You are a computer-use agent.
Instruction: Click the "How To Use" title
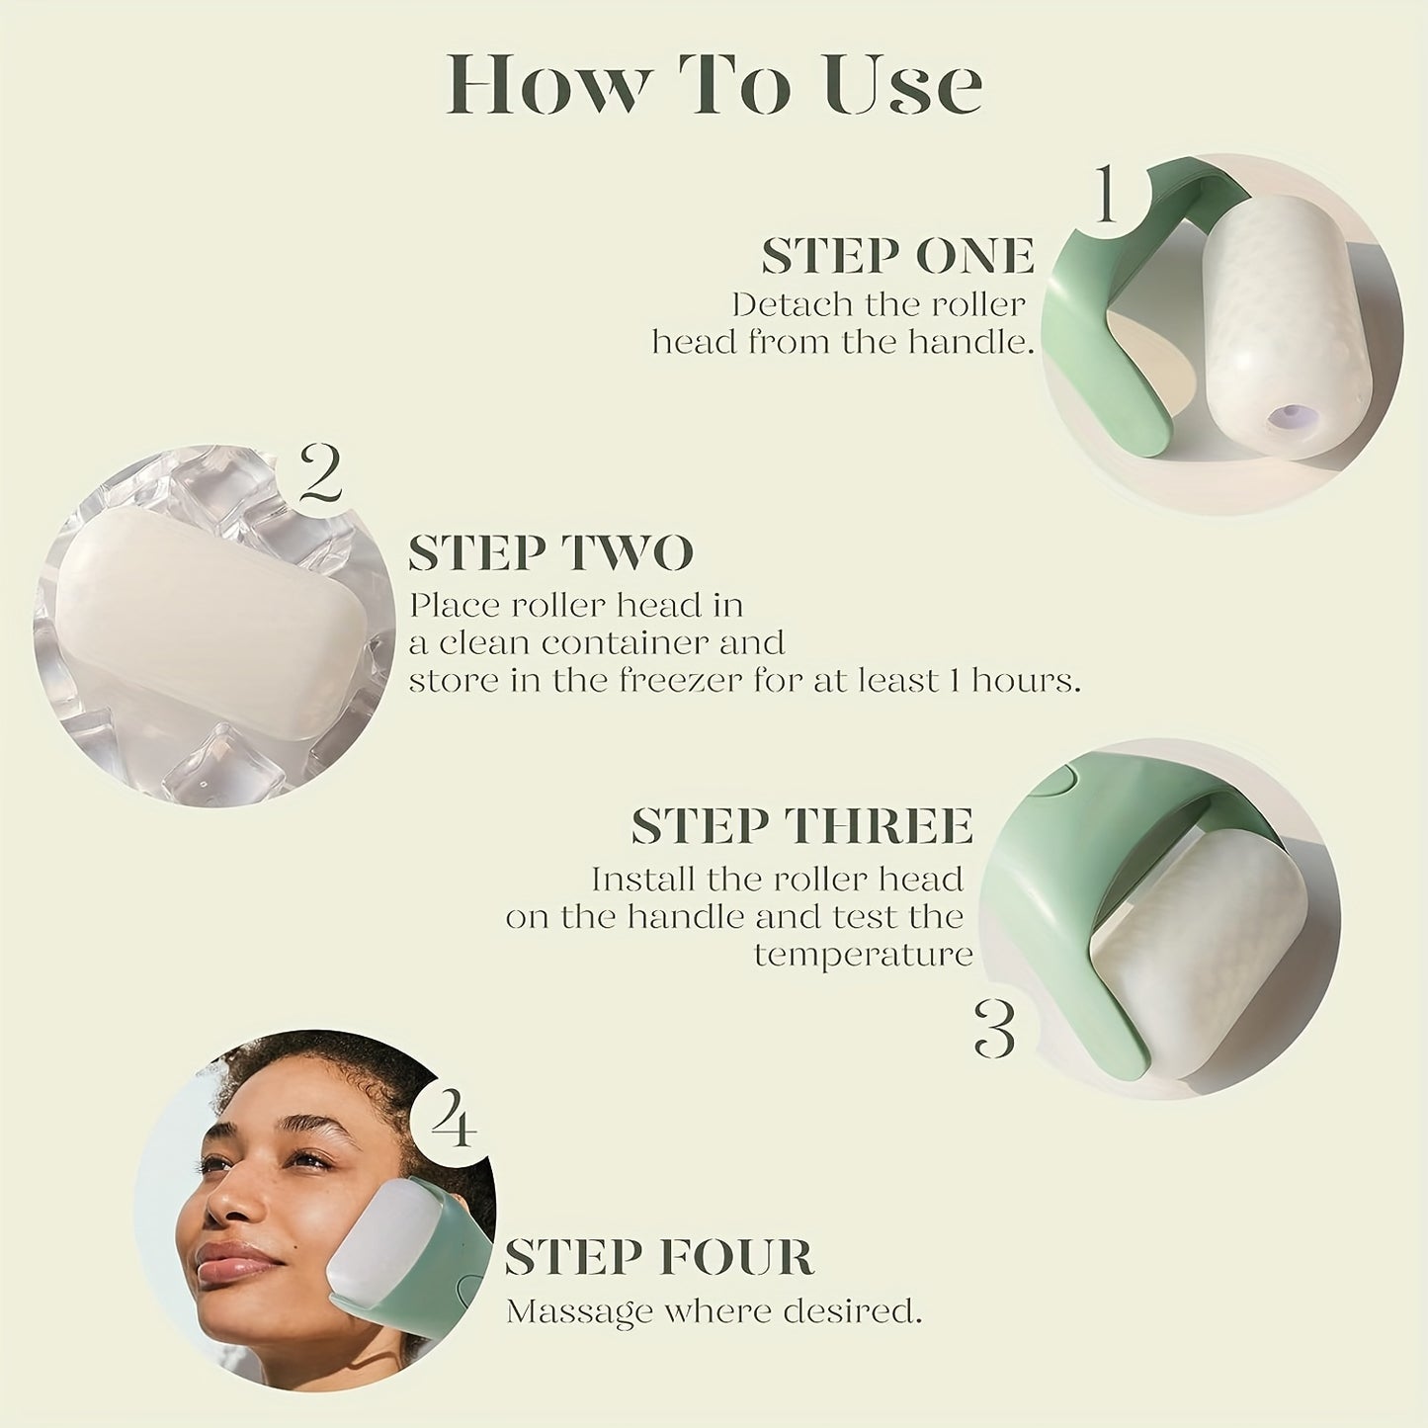pyautogui.click(x=714, y=86)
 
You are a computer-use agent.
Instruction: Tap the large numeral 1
pyautogui.click(x=1107, y=195)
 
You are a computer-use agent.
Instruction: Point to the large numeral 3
pyautogui.click(x=993, y=1028)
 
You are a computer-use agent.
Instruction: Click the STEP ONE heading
pyautogui.click(x=897, y=257)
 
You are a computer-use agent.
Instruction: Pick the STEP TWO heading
pyautogui.click(x=550, y=553)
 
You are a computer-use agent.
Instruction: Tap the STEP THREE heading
pyautogui.click(x=801, y=826)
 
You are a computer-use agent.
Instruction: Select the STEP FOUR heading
pyautogui.click(x=658, y=1258)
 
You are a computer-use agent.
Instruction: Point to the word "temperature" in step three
pyautogui.click(x=863, y=955)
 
